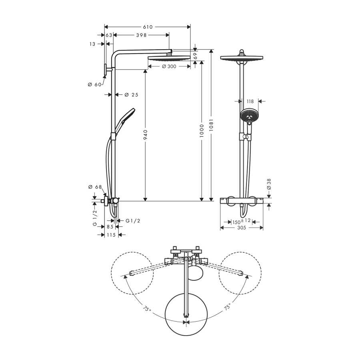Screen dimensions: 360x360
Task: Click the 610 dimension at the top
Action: point(148,27)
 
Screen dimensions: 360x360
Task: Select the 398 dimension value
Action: point(142,35)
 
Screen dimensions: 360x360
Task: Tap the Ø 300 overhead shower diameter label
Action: point(169,66)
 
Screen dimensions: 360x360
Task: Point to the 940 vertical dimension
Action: point(145,135)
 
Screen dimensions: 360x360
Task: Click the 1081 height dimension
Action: point(211,125)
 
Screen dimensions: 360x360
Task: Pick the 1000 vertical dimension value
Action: point(202,131)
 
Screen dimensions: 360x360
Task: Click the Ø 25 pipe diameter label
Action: point(131,94)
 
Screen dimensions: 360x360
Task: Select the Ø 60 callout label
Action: point(94,84)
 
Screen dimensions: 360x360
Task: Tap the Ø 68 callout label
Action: point(95,187)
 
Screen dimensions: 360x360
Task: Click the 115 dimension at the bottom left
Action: point(111,235)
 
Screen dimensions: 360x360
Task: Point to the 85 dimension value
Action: point(110,227)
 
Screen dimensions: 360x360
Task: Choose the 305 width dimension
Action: point(242,228)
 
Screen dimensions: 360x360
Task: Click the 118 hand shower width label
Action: point(250,101)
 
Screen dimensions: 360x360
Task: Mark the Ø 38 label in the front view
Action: point(269,184)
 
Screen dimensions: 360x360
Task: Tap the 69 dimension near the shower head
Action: point(195,56)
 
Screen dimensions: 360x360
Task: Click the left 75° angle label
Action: point(147,308)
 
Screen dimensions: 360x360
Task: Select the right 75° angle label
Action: point(227,307)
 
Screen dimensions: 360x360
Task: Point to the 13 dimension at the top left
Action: point(92,44)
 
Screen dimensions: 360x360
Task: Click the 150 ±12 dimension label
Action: point(241,221)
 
